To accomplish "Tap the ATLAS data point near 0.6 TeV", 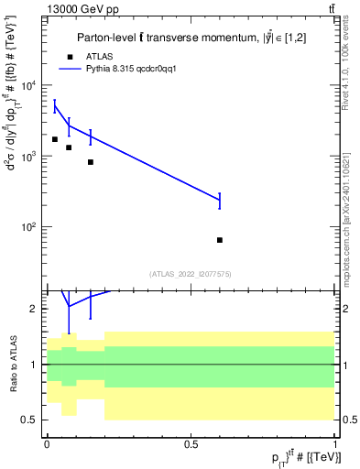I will (x=220, y=240).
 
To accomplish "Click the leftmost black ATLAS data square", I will (x=55, y=139).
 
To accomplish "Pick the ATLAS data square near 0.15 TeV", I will (x=90, y=162).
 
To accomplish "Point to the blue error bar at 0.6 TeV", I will (x=220, y=201).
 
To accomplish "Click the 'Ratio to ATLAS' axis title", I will (x=12, y=364).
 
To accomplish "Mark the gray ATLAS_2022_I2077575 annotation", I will (x=191, y=273).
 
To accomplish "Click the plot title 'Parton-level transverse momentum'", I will (x=190, y=37).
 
